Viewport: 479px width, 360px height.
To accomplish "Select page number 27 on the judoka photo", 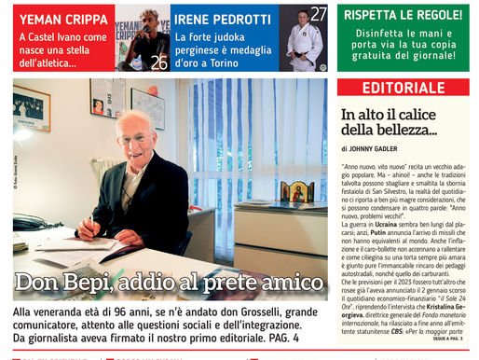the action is point(319,13).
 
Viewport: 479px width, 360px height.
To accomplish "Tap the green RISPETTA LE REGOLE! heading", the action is point(403,15).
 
